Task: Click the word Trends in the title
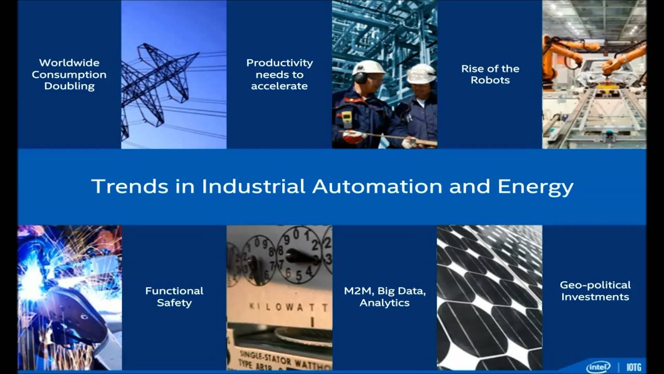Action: [130, 186]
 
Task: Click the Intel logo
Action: [598, 367]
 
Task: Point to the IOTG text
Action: [634, 367]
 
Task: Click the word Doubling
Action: [69, 86]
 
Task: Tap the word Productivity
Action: [279, 63]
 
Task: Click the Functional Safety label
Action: [174, 297]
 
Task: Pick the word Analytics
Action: [384, 303]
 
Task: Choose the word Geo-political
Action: [595, 285]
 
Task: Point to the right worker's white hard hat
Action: [421, 74]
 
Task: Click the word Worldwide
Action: [69, 63]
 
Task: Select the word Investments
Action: [595, 297]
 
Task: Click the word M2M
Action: [357, 291]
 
